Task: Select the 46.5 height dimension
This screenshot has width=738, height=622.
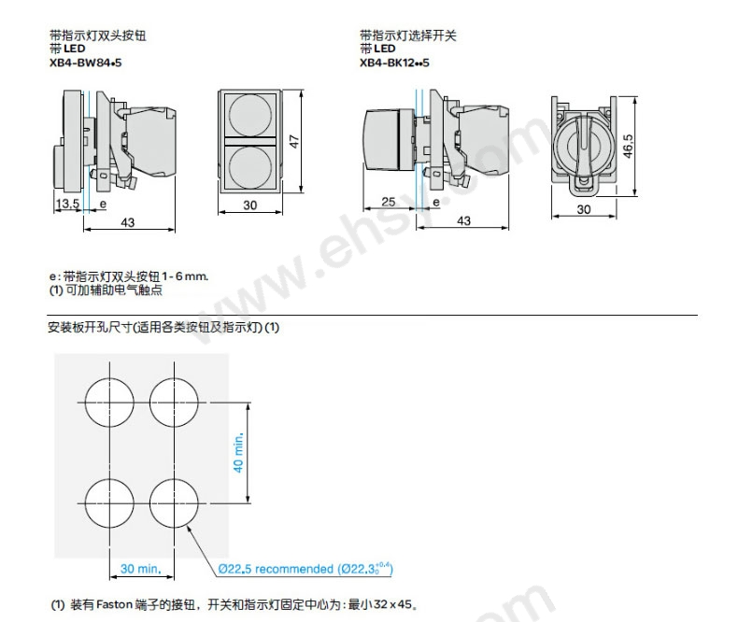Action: (629, 148)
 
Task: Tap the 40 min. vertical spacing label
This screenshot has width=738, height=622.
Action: (237, 452)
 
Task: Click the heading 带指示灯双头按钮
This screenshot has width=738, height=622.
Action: (98, 35)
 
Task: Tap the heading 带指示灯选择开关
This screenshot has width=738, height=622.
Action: (408, 35)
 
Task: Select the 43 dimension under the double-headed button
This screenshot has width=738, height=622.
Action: (128, 221)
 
